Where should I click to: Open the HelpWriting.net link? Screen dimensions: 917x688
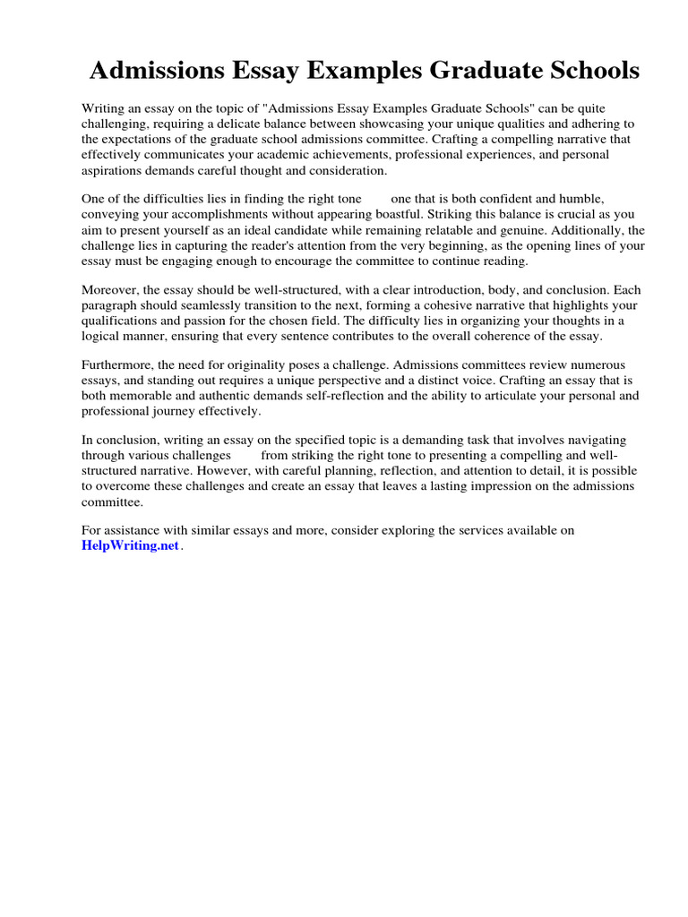[x=131, y=546]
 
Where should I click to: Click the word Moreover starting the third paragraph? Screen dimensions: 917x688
[x=112, y=290]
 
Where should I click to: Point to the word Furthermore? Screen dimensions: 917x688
[x=117, y=365]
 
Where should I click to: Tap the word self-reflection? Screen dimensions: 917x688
[x=359, y=395]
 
